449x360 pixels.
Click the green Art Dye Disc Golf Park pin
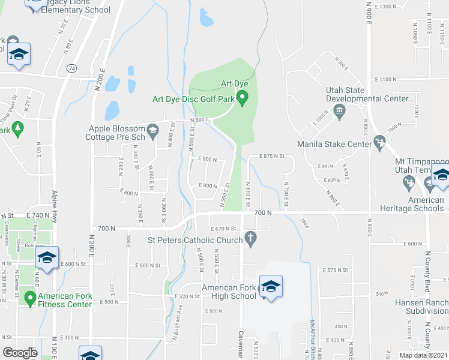coord(243,98)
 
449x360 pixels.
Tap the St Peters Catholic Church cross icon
coord(253,240)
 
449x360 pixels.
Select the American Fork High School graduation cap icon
coord(271,287)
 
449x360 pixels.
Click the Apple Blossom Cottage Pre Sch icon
coord(152,129)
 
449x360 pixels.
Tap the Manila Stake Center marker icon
coord(379,143)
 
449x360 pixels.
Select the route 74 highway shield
coord(72,69)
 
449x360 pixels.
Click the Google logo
coord(19,353)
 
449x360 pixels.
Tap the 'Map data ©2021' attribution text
coord(423,355)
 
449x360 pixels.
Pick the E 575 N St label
coord(336,271)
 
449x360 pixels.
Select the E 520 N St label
coord(186,297)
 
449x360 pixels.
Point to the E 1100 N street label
coord(387,79)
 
